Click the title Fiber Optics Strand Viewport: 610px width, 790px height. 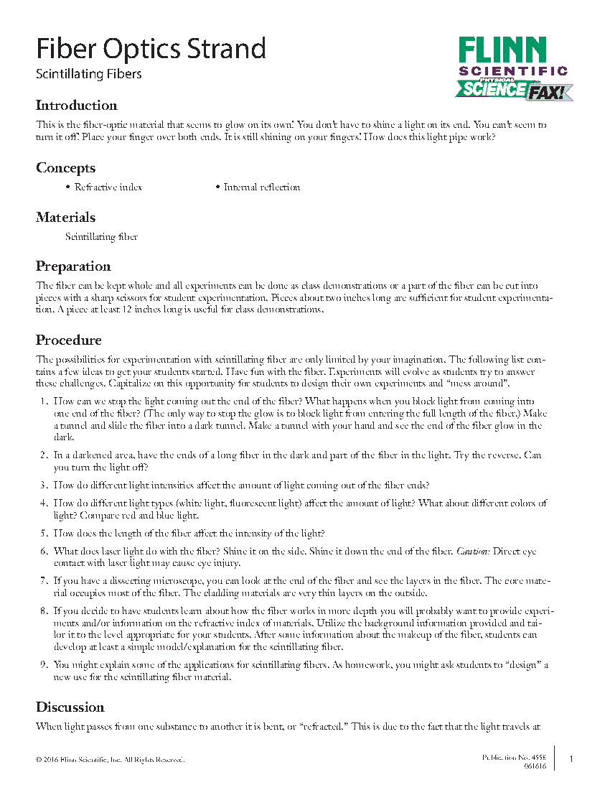coord(151,49)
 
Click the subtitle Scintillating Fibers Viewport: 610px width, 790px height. coord(89,74)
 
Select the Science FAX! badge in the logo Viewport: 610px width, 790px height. coord(514,90)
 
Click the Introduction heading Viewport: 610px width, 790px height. coord(77,106)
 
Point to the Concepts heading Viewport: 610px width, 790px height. coord(66,168)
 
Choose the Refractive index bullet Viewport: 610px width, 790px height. coord(108,187)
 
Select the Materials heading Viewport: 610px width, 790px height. coord(66,218)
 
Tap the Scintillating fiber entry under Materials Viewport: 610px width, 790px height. coord(101,237)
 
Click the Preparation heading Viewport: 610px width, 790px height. coord(73,266)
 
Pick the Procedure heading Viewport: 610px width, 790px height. coord(69,340)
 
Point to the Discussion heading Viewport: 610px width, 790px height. coord(70,707)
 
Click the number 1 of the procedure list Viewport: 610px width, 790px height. coord(44,401)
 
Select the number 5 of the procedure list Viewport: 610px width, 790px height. coord(44,534)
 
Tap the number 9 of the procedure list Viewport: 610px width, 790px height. coord(44,665)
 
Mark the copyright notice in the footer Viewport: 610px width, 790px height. coord(110,759)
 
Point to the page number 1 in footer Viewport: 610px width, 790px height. coord(571,759)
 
